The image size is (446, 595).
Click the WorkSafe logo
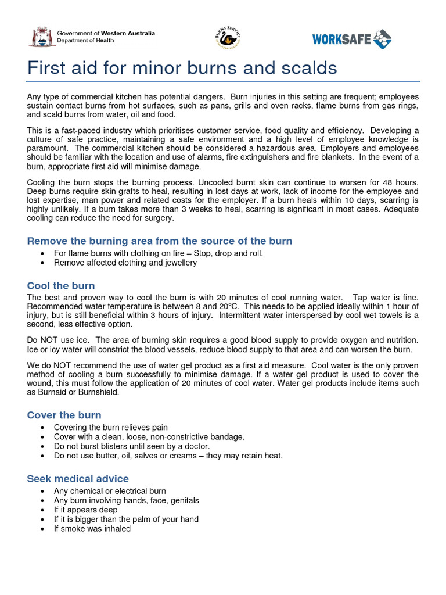(x=351, y=39)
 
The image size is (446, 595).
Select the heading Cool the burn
(x=61, y=286)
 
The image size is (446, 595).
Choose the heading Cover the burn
(x=64, y=415)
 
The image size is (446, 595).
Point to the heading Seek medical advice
(x=78, y=479)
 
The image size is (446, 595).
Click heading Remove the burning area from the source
(x=160, y=241)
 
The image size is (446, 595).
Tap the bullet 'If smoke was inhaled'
(x=92, y=529)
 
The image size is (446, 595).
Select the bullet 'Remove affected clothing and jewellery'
(x=125, y=263)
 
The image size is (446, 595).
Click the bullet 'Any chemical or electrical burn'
(x=110, y=491)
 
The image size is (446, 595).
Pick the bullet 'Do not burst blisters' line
(x=132, y=446)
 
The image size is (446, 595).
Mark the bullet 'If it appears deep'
(x=85, y=510)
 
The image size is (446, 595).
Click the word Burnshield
(x=100, y=393)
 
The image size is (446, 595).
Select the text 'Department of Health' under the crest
(x=85, y=40)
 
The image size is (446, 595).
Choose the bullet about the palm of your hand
(x=126, y=519)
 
